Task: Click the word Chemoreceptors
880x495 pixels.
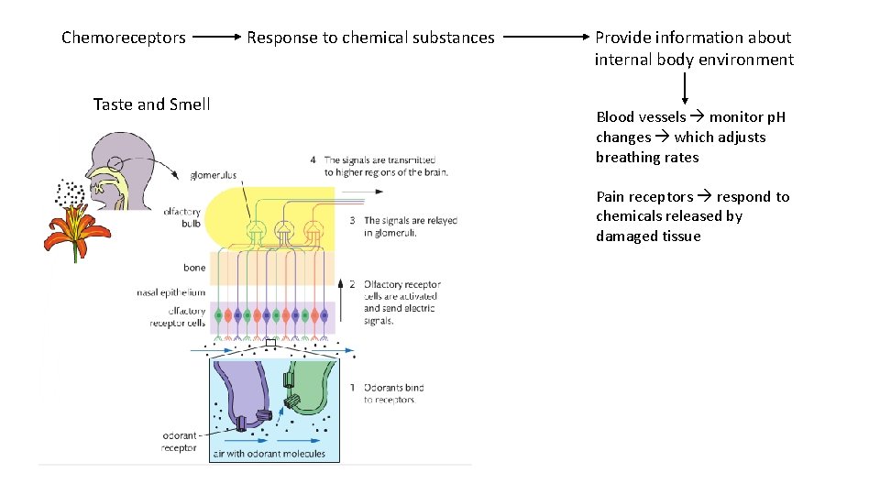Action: tap(124, 38)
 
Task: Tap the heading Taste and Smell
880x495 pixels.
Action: tap(151, 104)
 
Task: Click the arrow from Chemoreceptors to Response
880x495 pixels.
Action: tap(215, 38)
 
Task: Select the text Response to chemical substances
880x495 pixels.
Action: tap(370, 38)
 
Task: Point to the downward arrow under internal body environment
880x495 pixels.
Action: tap(685, 87)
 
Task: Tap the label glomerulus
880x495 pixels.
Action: tap(213, 175)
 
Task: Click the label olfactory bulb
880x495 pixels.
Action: tap(181, 218)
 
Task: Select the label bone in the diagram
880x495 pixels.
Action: tap(194, 268)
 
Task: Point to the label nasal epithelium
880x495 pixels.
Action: tap(170, 292)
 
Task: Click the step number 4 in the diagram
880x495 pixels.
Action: tap(313, 159)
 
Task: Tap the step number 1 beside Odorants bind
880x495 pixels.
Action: tap(353, 388)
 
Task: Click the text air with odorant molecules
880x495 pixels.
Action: tap(269, 454)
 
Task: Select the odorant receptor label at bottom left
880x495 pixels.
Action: tap(179, 442)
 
